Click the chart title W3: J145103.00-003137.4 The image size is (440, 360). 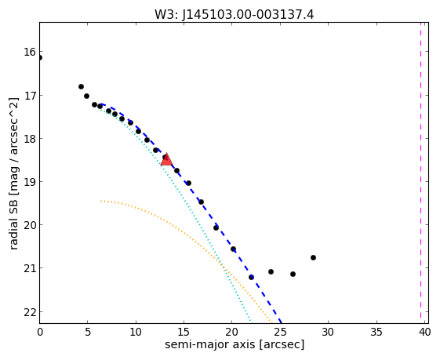click(234, 15)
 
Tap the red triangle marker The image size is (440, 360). click(166, 160)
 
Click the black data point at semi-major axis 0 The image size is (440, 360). click(39, 58)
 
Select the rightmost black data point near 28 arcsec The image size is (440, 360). click(313, 257)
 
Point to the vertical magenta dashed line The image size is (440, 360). click(420, 170)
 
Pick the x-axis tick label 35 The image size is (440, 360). click(376, 332)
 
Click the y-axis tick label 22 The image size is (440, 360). click(30, 312)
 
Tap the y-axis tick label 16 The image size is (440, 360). click(30, 52)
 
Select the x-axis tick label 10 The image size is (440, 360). click(136, 332)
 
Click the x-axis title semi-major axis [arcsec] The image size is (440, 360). click(235, 344)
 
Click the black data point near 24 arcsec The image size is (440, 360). click(271, 271)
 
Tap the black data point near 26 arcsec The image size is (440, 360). click(293, 274)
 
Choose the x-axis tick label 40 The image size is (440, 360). click(424, 332)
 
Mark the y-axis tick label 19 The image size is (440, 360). click(30, 182)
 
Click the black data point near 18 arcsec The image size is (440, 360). click(216, 227)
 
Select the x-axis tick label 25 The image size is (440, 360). click(280, 332)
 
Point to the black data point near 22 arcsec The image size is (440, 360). click(251, 277)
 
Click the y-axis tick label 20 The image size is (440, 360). click(30, 225)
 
